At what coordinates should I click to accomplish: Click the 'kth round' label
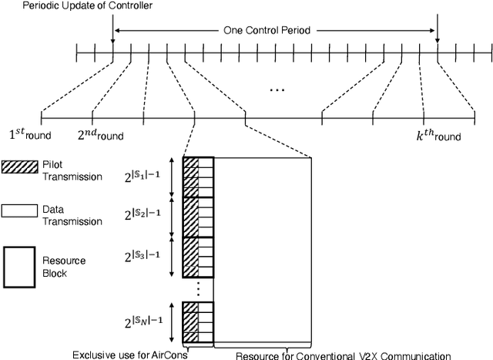[436, 136]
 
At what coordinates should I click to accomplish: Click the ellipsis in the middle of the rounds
[277, 90]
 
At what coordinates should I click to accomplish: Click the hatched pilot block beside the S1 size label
[190, 176]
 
